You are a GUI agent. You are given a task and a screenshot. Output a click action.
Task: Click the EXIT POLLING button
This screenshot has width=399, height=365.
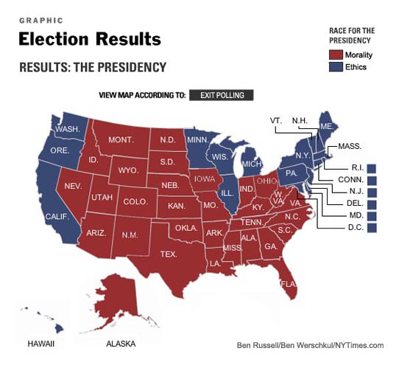click(x=222, y=94)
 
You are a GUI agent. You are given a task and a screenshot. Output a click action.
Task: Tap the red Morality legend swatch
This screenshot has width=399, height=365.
click(x=336, y=55)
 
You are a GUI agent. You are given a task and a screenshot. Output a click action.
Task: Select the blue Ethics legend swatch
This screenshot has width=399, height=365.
click(x=336, y=67)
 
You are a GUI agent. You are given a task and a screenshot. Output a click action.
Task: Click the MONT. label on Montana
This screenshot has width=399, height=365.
click(x=119, y=140)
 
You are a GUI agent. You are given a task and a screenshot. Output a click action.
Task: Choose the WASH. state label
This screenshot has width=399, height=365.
click(x=68, y=129)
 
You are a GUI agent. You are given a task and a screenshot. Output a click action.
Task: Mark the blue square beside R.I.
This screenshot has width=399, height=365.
click(x=372, y=168)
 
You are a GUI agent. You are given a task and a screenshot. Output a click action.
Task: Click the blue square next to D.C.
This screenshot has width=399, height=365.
click(x=372, y=228)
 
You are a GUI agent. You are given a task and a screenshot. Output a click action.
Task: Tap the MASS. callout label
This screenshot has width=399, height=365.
click(x=349, y=147)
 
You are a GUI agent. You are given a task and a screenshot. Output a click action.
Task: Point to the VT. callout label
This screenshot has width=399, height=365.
click(x=277, y=119)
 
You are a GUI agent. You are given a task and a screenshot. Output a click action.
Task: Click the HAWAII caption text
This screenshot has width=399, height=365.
click(x=40, y=344)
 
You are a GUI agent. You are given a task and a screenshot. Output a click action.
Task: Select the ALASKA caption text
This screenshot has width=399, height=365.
click(x=120, y=344)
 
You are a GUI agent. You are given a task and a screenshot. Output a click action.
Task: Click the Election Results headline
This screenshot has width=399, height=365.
click(x=89, y=38)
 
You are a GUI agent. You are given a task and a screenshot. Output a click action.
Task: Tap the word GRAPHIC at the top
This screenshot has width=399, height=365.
click(x=40, y=21)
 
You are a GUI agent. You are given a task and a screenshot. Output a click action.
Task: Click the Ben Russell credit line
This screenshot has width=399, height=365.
click(x=310, y=345)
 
